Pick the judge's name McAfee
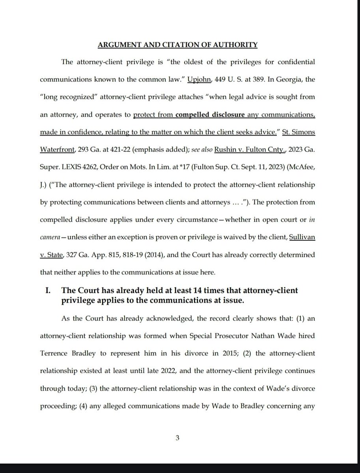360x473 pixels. tap(303, 167)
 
